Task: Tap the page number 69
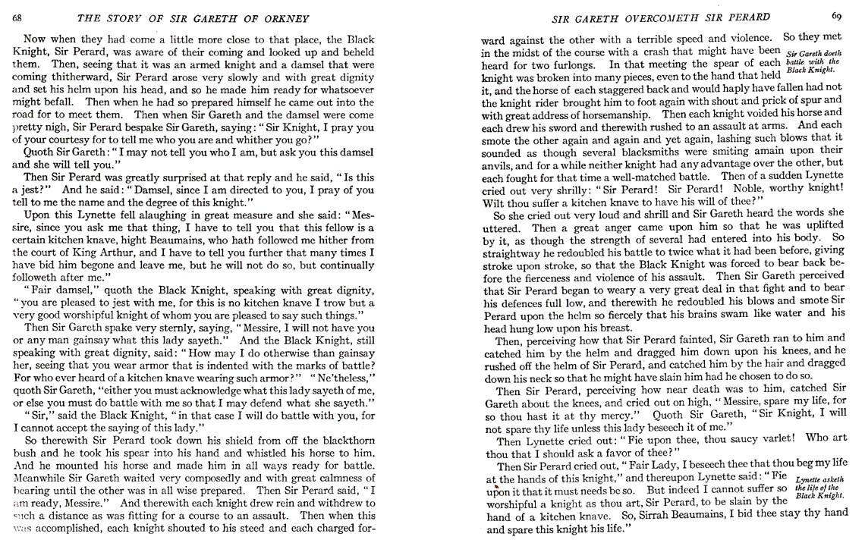pyautogui.click(x=835, y=15)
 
